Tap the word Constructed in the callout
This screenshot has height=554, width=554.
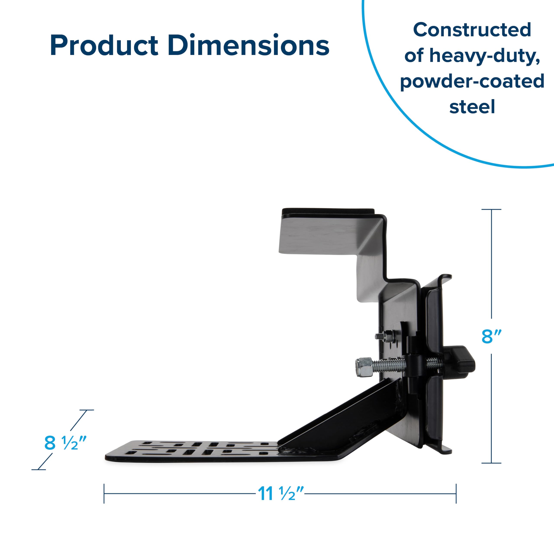point(472,30)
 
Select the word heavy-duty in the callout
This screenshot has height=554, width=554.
point(484,56)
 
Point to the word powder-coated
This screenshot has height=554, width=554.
point(472,81)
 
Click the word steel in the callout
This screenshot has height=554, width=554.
point(472,107)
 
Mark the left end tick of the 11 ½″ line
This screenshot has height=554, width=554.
point(104,493)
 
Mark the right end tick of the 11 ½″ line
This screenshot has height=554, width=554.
point(456,493)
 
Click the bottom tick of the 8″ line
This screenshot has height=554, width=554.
point(491,463)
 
